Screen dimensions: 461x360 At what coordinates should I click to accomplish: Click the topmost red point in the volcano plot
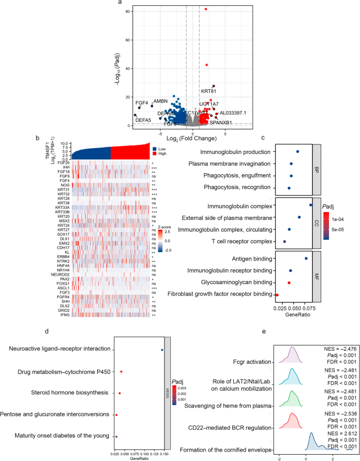click(x=206, y=9)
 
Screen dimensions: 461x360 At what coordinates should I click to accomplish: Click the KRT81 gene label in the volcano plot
click(x=209, y=91)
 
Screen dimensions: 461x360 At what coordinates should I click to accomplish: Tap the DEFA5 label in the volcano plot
click(x=143, y=120)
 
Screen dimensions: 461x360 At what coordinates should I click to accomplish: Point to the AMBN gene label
click(x=160, y=101)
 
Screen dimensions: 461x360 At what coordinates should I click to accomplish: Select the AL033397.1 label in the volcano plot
click(x=232, y=113)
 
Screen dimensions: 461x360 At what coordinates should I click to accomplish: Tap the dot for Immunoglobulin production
click(x=297, y=152)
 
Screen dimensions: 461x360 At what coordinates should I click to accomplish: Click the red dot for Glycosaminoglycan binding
click(x=289, y=283)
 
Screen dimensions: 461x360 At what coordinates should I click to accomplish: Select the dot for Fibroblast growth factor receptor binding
click(x=277, y=295)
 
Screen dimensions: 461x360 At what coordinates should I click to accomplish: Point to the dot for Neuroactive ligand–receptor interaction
click(x=162, y=349)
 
